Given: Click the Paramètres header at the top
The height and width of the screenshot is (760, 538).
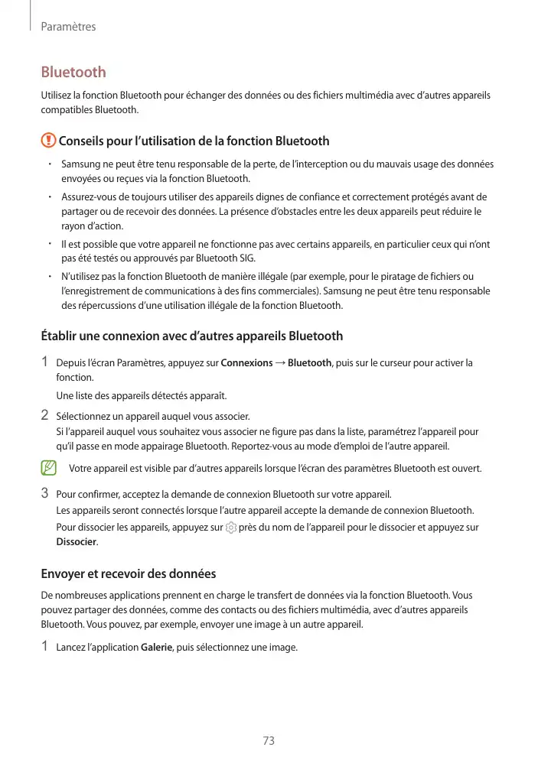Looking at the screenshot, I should coord(68,27).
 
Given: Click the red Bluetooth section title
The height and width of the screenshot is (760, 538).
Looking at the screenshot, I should coord(73,73).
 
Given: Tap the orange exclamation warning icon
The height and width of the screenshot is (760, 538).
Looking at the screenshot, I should coord(48,141).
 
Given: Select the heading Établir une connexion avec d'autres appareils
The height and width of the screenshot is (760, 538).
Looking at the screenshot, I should coord(191,336).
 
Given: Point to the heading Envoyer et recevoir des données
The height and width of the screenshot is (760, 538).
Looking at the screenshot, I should coord(128,573).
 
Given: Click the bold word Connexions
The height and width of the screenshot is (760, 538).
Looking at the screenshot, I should coord(246,362).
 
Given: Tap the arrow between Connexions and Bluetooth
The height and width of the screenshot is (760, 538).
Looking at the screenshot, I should coord(281,362).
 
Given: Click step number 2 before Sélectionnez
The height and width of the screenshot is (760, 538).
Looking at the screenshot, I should coord(44,416).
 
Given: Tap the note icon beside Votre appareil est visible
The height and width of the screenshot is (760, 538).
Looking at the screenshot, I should coord(49,467).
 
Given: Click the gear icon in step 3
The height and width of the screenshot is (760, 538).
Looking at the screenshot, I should coord(230,528).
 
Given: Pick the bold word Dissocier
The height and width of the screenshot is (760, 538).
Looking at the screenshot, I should coord(77,542).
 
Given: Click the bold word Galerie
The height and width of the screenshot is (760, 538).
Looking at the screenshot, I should coord(158,648).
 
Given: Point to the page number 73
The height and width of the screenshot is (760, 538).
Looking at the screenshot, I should coord(269,741).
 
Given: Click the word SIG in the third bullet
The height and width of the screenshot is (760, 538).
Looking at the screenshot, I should coord(246,258).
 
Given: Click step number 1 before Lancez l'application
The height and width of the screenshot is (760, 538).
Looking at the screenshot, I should coord(44,648).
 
